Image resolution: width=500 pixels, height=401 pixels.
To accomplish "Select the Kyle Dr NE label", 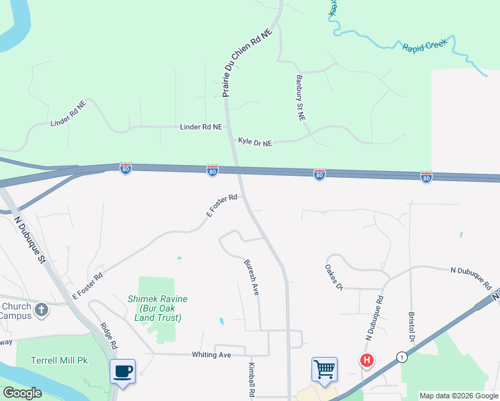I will (255, 142).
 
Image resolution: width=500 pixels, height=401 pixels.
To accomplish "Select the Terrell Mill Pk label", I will (59, 360).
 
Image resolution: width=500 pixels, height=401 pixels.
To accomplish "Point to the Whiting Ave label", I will (211, 355).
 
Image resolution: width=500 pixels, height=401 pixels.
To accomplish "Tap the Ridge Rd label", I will (108, 337).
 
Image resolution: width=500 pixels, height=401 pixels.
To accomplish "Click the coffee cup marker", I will (122, 371).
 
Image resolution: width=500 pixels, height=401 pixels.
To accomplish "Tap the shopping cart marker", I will (324, 369).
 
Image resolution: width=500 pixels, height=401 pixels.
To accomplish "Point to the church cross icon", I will (41, 309).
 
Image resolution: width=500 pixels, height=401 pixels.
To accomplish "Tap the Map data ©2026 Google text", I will (458, 396).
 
